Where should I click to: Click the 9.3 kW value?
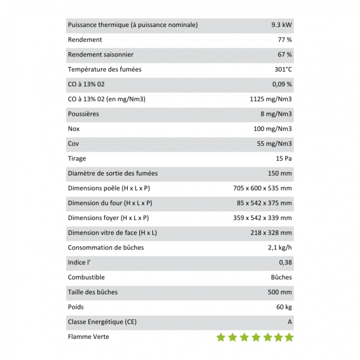tap(281, 25)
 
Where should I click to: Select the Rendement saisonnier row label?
tap(101, 55)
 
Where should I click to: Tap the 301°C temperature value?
tap(283, 69)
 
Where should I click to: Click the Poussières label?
tap(83, 114)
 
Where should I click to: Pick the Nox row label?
tap(74, 129)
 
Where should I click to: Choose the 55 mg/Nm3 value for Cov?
tap(274, 144)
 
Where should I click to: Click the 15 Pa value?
tap(284, 159)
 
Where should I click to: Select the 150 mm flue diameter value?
tap(280, 173)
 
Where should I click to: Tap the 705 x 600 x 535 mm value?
tap(263, 188)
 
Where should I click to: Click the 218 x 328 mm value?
tap(271, 233)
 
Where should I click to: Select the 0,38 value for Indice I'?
tap(285, 263)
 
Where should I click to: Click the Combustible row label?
tap(86, 277)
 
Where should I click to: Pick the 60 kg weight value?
tap(284, 307)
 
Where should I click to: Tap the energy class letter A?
tap(290, 322)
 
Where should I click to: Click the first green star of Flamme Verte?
tap(221, 337)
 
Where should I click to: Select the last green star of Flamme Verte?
tap(289, 337)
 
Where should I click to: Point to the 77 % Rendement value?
tap(285, 40)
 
